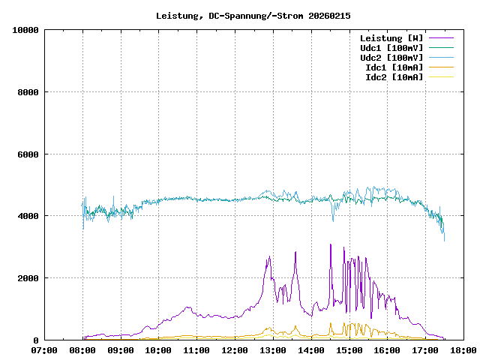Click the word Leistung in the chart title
point(179,16)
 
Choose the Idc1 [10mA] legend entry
point(394,67)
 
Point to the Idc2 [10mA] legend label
point(394,77)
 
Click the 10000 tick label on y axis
point(25,30)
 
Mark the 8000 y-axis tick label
point(28,92)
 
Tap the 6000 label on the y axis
point(28,154)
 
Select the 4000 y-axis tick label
point(28,216)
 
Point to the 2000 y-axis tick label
point(28,278)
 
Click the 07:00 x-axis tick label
point(44,350)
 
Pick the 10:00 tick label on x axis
point(158,350)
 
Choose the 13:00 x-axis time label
point(272,350)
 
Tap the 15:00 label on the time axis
point(349,350)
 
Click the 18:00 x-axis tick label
point(463,350)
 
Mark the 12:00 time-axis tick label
point(235,350)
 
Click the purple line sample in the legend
point(441,38)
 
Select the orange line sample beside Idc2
point(441,77)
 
